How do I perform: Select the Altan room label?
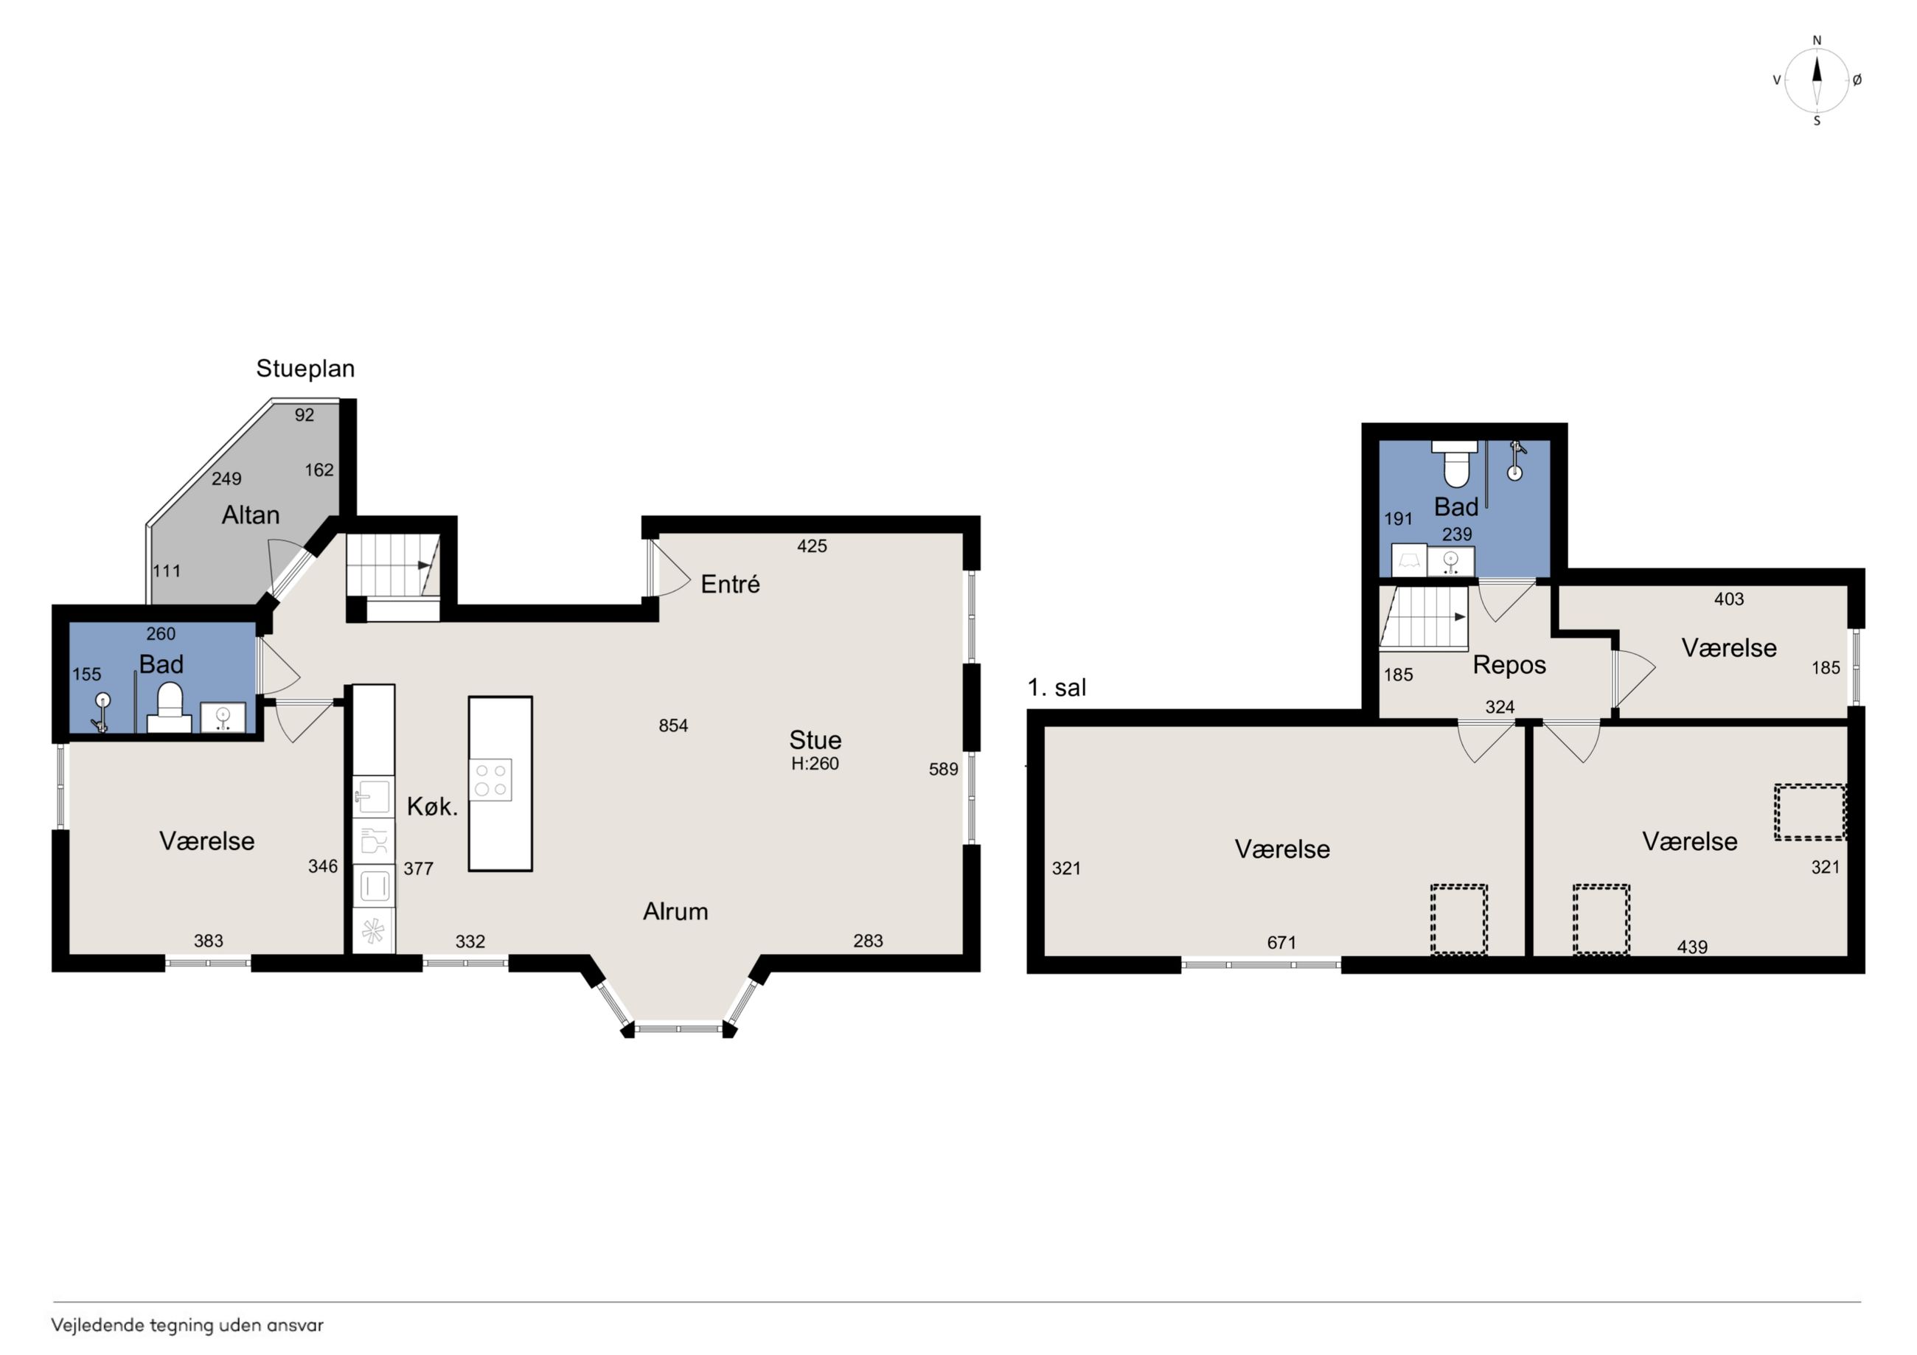tap(251, 515)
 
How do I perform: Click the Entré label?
tap(731, 585)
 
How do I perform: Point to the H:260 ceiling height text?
tap(815, 763)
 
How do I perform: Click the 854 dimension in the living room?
tap(673, 725)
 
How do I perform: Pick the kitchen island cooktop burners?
tap(491, 780)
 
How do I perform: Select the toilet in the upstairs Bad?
tap(1455, 464)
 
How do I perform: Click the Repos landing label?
tap(1509, 666)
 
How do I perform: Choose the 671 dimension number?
tap(1281, 943)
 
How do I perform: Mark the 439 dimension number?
tap(1692, 947)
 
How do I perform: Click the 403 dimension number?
tap(1728, 599)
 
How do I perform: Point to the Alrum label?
tap(675, 912)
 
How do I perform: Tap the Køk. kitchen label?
tap(433, 807)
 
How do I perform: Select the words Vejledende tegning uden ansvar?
tap(187, 1325)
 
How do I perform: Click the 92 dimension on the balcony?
tap(304, 415)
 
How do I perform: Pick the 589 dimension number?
tap(944, 769)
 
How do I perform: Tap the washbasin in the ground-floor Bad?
tap(223, 718)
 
